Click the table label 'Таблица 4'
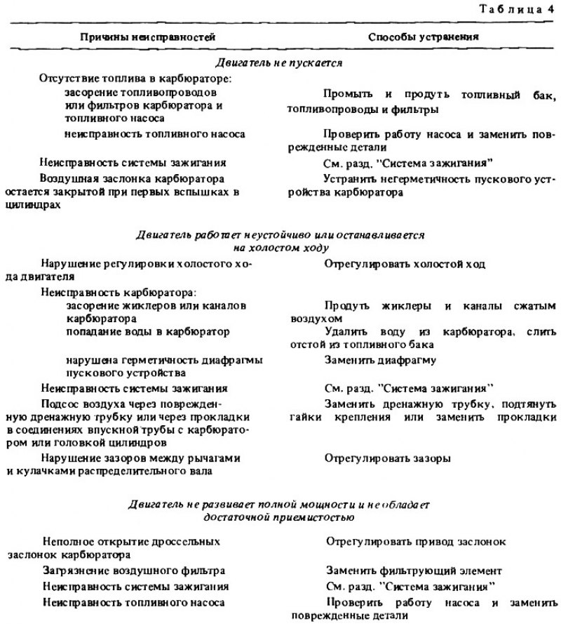[517, 10]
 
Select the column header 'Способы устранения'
[414, 36]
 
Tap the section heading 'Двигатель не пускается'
[278, 63]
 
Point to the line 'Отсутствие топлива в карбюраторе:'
[136, 78]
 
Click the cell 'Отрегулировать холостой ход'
[405, 264]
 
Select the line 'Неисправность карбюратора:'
[117, 292]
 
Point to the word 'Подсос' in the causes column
[58, 403]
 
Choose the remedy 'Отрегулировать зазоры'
[388, 459]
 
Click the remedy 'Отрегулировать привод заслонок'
[417, 541]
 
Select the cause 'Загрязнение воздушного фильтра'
[133, 570]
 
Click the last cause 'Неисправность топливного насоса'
[133, 601]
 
